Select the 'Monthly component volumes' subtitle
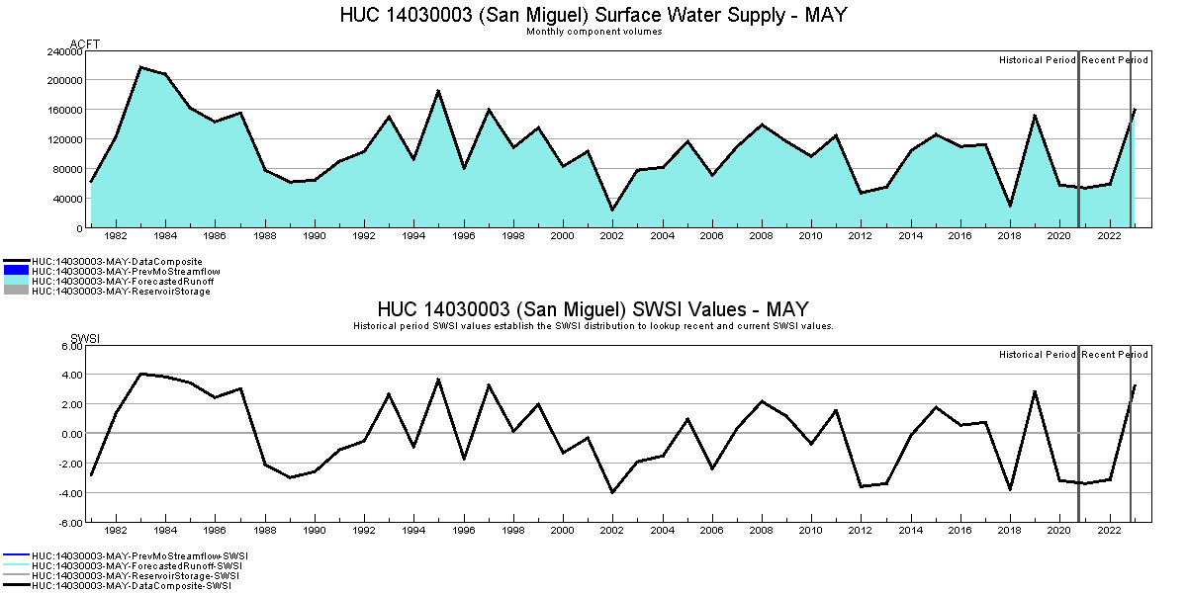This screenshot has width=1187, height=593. tap(593, 32)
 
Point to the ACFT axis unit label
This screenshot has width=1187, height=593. tap(85, 44)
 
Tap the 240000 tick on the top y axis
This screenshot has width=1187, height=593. tap(62, 50)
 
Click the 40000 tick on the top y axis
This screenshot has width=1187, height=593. tap(65, 199)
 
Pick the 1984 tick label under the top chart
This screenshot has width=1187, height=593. tap(166, 236)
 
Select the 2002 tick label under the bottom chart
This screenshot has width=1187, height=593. tap(612, 531)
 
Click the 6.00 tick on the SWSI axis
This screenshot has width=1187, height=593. tap(69, 346)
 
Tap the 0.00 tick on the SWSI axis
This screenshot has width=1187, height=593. tap(69, 434)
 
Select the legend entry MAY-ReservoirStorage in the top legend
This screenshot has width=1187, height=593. tap(121, 292)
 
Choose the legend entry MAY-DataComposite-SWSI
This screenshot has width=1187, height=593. tap(131, 586)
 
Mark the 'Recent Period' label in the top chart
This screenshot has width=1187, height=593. tap(1115, 60)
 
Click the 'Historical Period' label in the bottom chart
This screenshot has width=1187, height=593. tap(1037, 355)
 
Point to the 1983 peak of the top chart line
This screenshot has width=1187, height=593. tap(140, 67)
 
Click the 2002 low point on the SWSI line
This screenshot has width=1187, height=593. tap(612, 492)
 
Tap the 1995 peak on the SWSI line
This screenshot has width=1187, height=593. tap(438, 380)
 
